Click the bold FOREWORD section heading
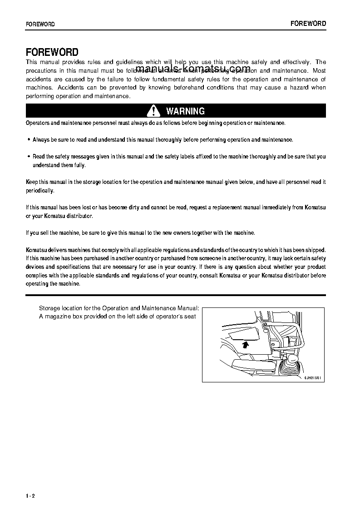tap(52, 52)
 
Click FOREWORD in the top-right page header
tap(308, 24)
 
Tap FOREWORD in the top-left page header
tap(40, 24)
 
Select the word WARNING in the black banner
tap(185, 111)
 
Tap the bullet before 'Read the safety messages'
tap(29, 157)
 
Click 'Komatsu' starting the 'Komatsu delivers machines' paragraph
tap(35, 250)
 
